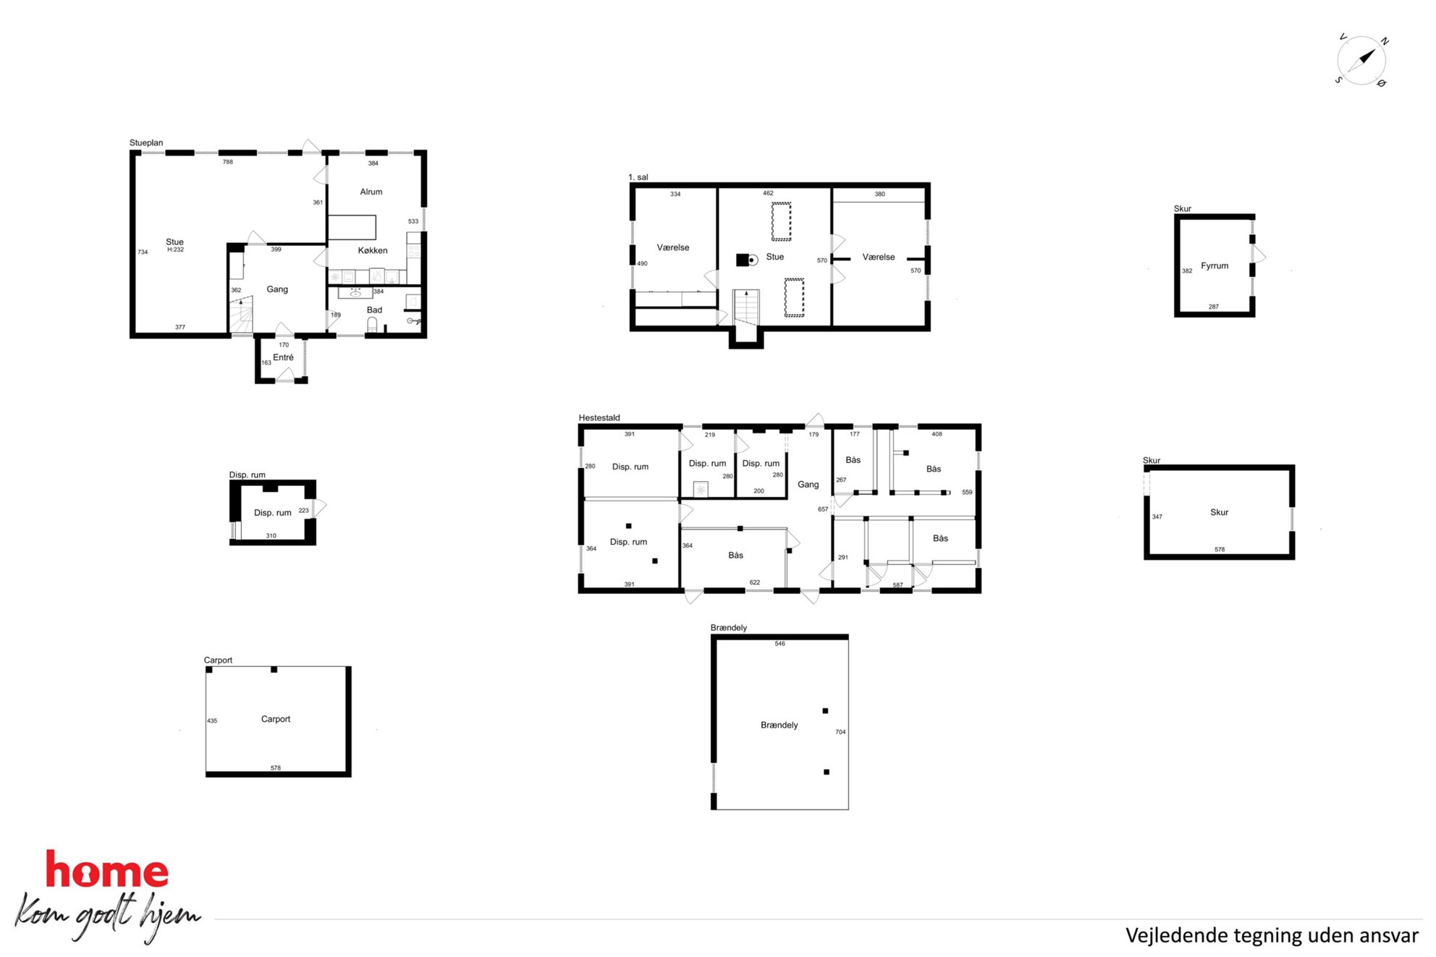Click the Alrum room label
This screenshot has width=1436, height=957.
371,192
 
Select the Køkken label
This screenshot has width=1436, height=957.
373,250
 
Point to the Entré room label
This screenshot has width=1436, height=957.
283,357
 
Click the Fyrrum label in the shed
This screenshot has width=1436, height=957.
1215,265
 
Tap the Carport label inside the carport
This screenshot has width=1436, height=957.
276,719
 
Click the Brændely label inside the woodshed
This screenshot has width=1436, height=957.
780,725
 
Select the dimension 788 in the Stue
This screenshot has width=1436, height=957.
228,162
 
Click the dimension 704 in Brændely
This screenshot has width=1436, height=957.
840,732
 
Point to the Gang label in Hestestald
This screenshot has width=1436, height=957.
808,485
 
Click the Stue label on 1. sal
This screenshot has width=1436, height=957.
775,257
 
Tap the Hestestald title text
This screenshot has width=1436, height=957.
599,417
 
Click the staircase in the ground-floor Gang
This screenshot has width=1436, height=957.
242,315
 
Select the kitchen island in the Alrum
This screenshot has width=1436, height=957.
352,227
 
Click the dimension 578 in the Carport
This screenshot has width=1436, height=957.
276,767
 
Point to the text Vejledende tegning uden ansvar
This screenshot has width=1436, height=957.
1272,935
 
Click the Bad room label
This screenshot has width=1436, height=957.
374,310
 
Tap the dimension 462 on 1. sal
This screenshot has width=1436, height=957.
768,193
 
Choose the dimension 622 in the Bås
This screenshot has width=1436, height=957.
755,582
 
